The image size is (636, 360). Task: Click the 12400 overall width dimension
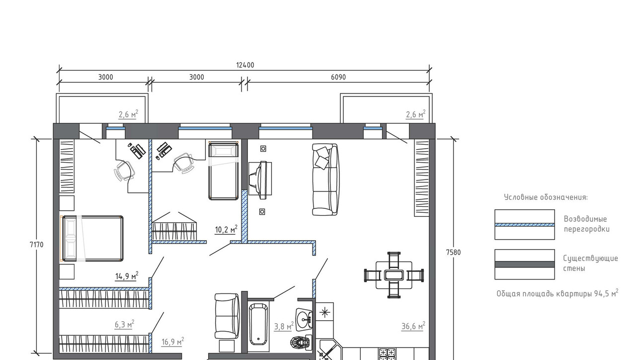click(x=245, y=65)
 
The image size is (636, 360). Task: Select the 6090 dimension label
click(x=338, y=77)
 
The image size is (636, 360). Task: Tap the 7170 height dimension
click(x=37, y=245)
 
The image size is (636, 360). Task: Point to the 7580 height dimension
click(x=454, y=252)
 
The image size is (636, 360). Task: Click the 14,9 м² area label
click(x=127, y=275)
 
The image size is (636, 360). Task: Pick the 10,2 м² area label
click(x=226, y=229)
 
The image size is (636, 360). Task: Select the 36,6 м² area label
click(x=413, y=326)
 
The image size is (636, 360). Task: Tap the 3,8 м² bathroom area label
click(x=284, y=326)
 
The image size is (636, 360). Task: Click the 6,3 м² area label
click(x=124, y=324)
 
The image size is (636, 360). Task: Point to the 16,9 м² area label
click(x=172, y=342)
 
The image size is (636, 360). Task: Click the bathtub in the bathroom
click(x=258, y=324)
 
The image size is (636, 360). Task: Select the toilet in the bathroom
click(x=301, y=342)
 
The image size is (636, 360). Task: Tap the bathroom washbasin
click(x=304, y=320)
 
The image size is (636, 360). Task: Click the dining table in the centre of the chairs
click(x=394, y=275)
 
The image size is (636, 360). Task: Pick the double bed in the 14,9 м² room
click(x=92, y=238)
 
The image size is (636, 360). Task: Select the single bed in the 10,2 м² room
click(x=224, y=171)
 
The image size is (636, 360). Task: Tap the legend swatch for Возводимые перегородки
click(x=524, y=224)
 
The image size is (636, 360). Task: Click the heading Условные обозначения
click(x=546, y=197)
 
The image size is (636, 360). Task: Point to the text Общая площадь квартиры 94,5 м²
click(x=557, y=293)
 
